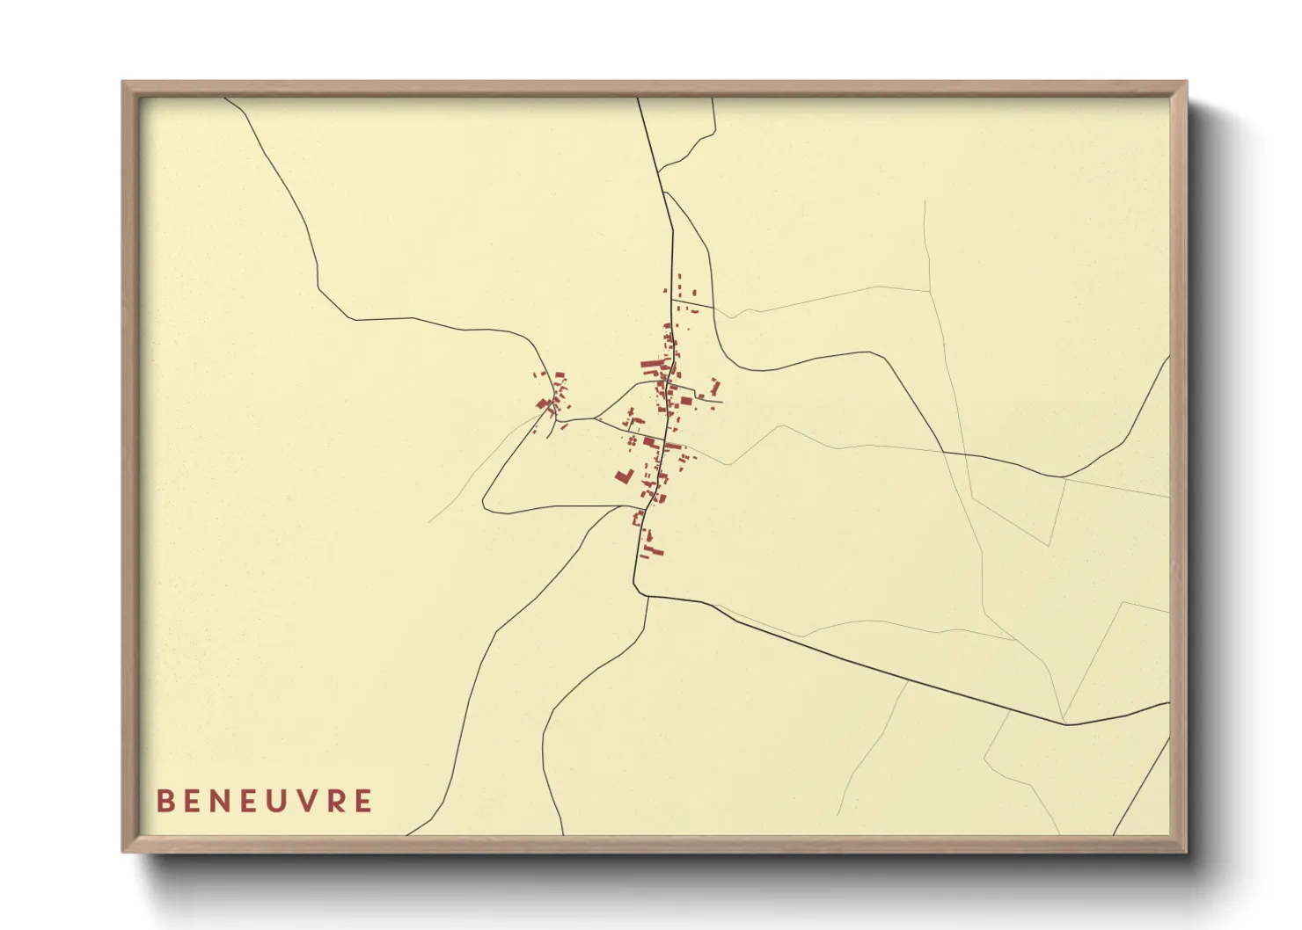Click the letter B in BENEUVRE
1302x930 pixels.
click(x=165, y=801)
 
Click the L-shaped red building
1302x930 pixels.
click(x=624, y=476)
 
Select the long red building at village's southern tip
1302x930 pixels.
click(x=653, y=551)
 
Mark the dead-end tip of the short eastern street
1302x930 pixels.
click(x=721, y=403)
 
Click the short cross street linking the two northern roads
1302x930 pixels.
click(x=692, y=305)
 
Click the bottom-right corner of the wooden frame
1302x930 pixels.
click(x=1185, y=850)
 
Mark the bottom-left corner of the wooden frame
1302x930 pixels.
click(x=124, y=850)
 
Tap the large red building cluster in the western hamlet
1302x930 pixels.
click(x=545, y=404)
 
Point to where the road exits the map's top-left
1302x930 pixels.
click(x=226, y=98)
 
